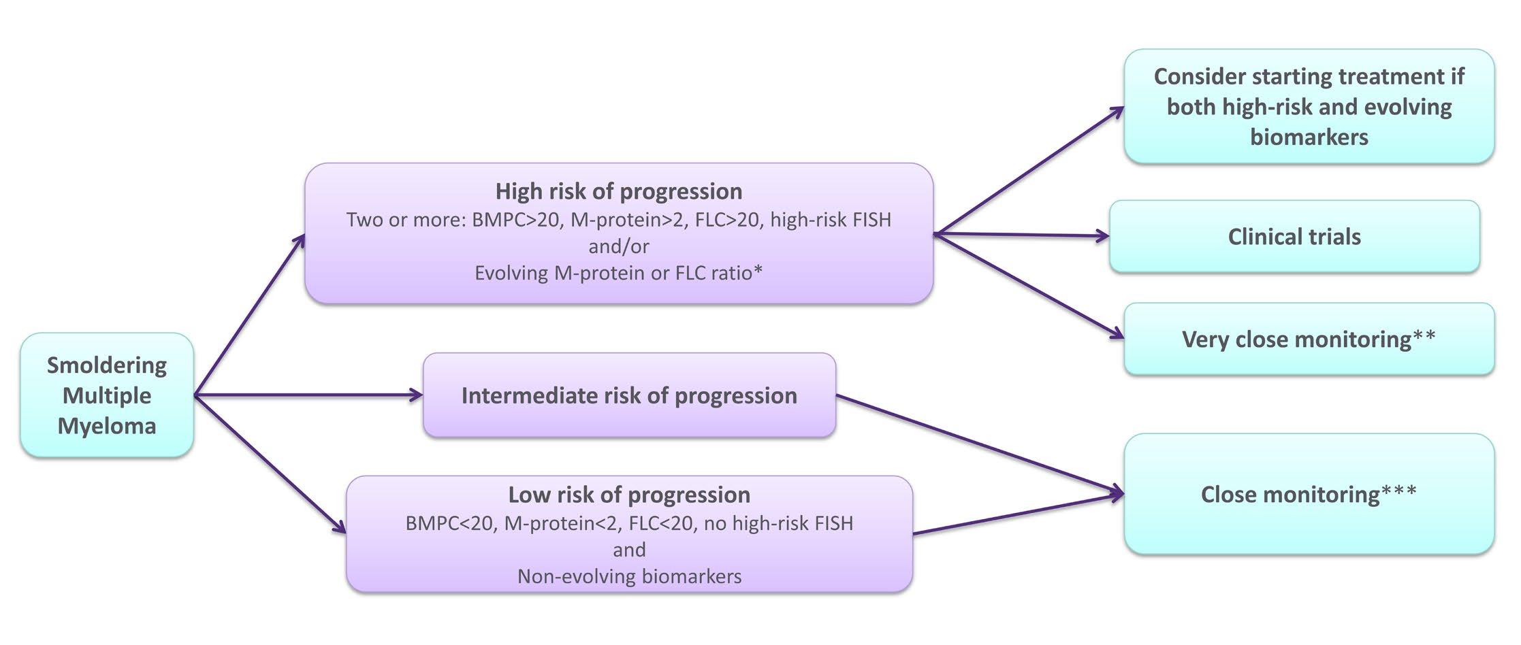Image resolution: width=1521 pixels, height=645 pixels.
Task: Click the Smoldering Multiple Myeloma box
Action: [x=107, y=395]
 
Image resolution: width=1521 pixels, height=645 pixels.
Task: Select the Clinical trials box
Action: [x=1294, y=237]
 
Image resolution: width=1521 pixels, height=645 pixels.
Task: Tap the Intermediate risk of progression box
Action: [x=629, y=395]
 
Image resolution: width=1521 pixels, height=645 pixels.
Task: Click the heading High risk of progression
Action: [x=619, y=191]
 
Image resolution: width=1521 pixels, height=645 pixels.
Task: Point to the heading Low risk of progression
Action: [x=629, y=495]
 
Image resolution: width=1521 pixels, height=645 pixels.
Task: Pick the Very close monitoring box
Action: [x=1309, y=339]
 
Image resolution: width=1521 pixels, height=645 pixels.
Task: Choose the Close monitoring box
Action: [x=1309, y=494]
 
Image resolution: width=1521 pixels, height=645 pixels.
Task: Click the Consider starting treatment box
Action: [x=1309, y=106]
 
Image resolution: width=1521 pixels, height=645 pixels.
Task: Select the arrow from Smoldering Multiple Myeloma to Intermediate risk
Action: [x=308, y=395]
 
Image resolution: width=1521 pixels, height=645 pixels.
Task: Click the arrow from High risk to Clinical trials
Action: [x=1021, y=235]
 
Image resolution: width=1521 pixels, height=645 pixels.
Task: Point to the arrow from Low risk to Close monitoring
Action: [x=1019, y=514]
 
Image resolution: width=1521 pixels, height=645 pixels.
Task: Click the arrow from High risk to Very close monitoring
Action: [x=1029, y=286]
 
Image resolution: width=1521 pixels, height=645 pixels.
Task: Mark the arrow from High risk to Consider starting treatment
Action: [x=1029, y=170]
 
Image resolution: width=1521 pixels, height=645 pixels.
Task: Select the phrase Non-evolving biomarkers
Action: [x=629, y=576]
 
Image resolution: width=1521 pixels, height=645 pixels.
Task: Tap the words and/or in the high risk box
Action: [x=619, y=246]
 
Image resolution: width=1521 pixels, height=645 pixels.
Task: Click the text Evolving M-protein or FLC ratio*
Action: [x=619, y=273]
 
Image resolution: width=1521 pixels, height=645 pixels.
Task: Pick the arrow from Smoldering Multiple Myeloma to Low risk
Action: [x=270, y=463]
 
